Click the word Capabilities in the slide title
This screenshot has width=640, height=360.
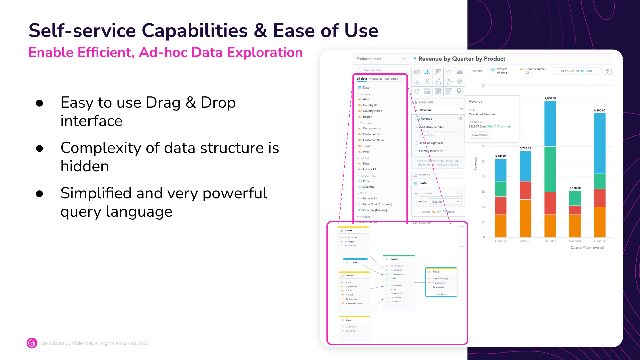[195, 31]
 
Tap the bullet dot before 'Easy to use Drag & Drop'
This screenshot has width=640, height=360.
[40, 103]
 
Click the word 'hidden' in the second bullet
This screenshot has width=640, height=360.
[85, 166]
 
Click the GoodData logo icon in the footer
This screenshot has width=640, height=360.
[32, 343]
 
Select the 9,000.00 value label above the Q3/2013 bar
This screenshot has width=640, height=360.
[550, 98]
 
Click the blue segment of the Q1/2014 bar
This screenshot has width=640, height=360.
[599, 143]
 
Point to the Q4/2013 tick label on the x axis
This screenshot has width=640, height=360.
[575, 241]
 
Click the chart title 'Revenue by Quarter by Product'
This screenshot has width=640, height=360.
[462, 59]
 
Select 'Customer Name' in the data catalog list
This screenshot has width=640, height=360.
[373, 140]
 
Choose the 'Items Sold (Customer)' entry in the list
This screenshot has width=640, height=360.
[377, 204]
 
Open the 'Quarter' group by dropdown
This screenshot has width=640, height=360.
[445, 202]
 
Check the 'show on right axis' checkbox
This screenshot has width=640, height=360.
[416, 143]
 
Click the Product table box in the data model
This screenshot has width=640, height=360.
[441, 282]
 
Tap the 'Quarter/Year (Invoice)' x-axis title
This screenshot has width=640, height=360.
[587, 248]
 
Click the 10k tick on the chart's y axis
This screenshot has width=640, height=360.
[482, 86]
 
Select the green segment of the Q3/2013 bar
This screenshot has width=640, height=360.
[550, 169]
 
